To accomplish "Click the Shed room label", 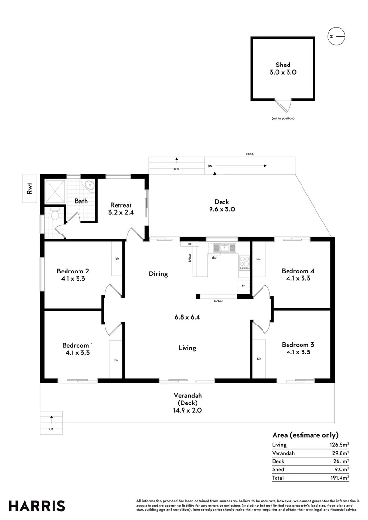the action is click(283, 65).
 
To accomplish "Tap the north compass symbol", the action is click(336, 36).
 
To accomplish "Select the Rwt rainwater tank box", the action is click(30, 188).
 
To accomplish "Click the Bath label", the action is click(81, 201).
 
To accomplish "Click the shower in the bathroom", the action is click(55, 191).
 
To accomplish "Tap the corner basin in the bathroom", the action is click(89, 184).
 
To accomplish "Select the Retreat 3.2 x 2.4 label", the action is click(121, 208).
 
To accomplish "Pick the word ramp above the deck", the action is click(250, 154).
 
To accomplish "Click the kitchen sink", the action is click(224, 247).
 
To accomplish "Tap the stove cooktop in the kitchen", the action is click(244, 262).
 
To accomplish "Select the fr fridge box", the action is click(243, 286).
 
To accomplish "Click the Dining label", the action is click(158, 274).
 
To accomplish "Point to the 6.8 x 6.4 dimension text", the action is click(187, 317).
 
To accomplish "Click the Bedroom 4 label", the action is click(298, 271).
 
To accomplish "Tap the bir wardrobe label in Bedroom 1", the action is click(116, 360).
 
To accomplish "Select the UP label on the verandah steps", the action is click(51, 429).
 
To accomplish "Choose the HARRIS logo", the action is click(37, 506).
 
